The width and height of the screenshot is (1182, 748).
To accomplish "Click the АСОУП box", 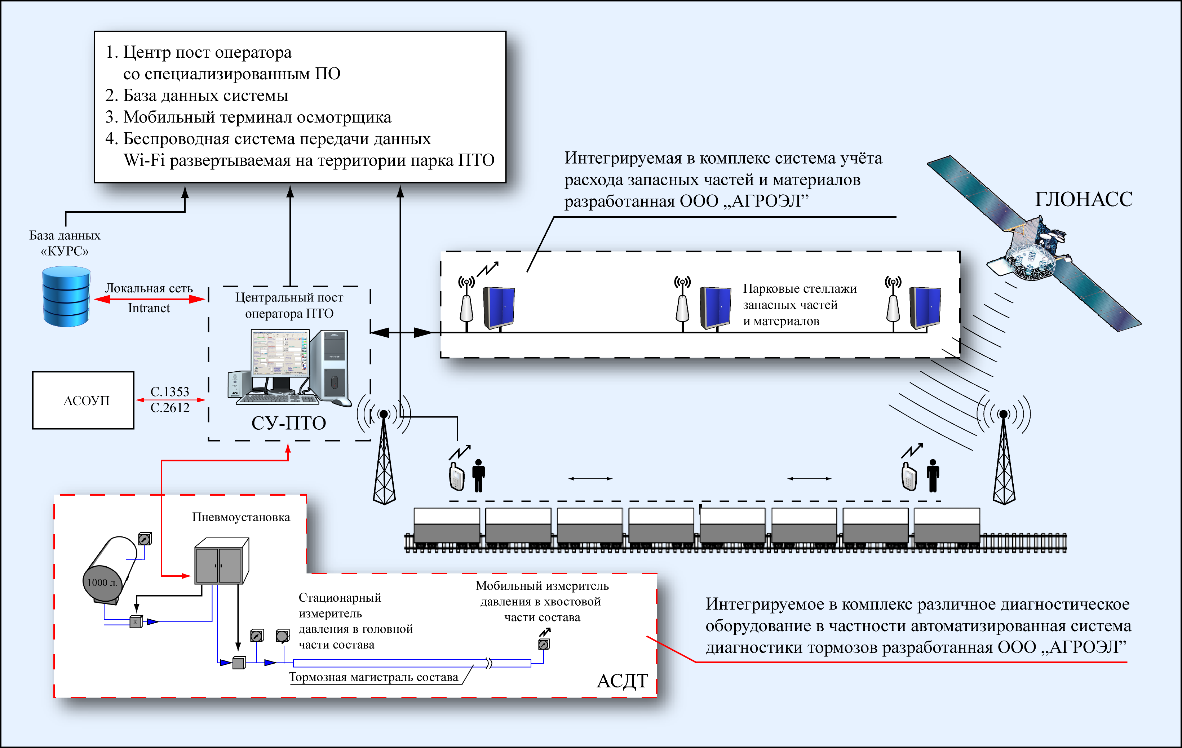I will [x=83, y=400].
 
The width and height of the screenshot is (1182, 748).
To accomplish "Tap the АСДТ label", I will [x=622, y=681].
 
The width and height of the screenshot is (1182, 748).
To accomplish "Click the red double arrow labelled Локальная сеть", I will [x=149, y=299].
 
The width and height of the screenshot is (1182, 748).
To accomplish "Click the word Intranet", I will [x=149, y=308].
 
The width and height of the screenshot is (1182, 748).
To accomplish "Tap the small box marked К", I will [x=136, y=622].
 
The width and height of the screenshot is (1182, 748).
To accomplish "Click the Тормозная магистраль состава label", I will [x=373, y=677].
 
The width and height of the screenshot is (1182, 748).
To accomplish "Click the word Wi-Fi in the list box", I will [x=144, y=160].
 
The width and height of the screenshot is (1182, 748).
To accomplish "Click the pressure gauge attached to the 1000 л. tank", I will [x=144, y=539].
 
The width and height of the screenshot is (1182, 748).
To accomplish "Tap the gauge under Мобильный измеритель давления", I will [x=543, y=644].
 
